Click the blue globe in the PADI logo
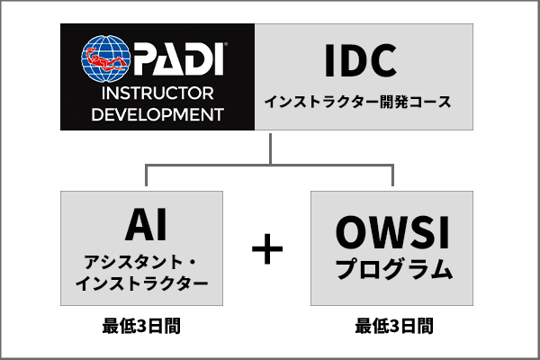point(106,61)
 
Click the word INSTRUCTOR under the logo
point(157,94)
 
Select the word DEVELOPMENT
point(157,114)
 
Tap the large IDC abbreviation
point(361,61)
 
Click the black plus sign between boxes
point(265,249)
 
